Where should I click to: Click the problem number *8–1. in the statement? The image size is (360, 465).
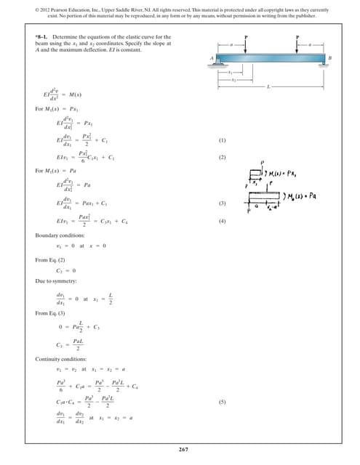[x=42, y=37]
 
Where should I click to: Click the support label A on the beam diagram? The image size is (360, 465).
[x=210, y=57]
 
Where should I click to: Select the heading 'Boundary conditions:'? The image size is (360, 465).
[x=60, y=235]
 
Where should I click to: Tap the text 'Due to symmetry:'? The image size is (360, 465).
[x=54, y=280]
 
